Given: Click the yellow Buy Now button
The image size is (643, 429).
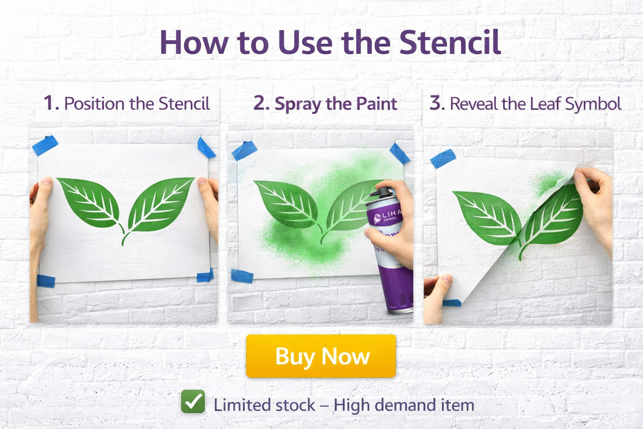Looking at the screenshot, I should click(x=321, y=356).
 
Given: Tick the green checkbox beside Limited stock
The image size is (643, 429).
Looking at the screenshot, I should click(x=193, y=402).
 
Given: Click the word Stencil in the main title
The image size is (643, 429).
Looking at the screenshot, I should click(x=451, y=43).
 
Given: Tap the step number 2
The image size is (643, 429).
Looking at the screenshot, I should click(x=261, y=103).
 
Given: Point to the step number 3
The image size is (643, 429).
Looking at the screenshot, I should click(x=435, y=103).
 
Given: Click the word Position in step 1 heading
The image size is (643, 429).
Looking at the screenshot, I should click(x=95, y=104).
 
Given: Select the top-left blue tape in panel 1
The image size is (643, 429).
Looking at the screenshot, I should click(x=45, y=145).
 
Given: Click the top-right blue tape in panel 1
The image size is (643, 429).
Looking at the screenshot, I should click(x=206, y=148).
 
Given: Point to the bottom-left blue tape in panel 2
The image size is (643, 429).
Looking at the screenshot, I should click(x=242, y=276).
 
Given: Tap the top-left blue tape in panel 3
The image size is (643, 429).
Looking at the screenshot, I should click(x=443, y=158).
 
